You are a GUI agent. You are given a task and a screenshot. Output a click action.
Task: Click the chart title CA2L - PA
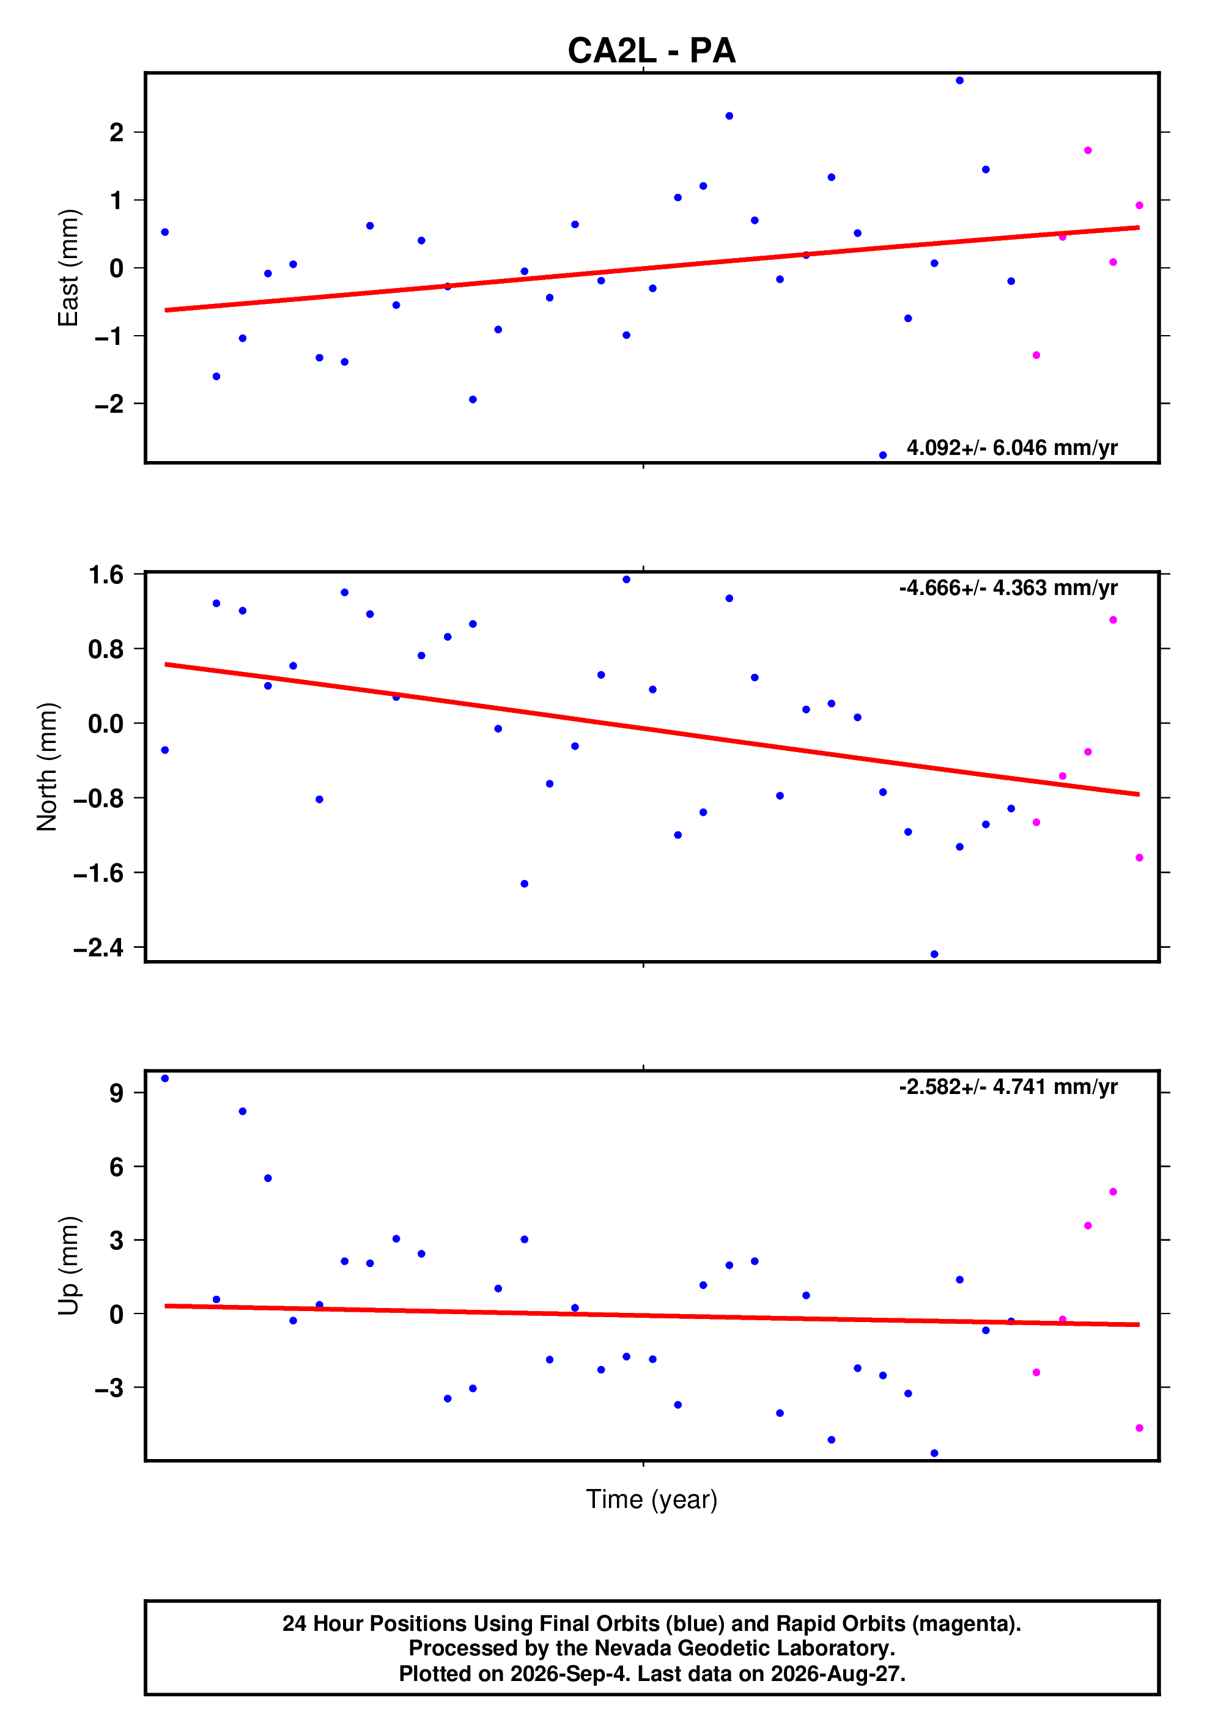pyautogui.click(x=651, y=51)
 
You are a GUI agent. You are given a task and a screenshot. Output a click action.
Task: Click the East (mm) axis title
pyautogui.click(x=68, y=268)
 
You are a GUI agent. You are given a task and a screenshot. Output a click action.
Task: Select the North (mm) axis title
pyautogui.click(x=47, y=767)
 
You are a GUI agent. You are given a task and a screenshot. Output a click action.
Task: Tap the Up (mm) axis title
pyautogui.click(x=68, y=1266)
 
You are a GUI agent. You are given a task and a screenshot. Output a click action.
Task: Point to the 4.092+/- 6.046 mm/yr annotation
pyautogui.click(x=1011, y=448)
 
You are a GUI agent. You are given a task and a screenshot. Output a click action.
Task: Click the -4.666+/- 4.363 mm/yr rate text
pyautogui.click(x=1008, y=588)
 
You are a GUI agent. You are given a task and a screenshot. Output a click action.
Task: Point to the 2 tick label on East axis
pyautogui.click(x=116, y=133)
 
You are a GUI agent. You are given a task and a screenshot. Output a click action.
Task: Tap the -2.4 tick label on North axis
pyautogui.click(x=98, y=947)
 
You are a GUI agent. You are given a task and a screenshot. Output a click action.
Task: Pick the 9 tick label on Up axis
pyautogui.click(x=116, y=1093)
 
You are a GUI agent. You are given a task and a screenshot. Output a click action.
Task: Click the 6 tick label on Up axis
pyautogui.click(x=116, y=1167)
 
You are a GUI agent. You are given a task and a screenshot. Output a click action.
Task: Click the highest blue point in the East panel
pyautogui.click(x=959, y=81)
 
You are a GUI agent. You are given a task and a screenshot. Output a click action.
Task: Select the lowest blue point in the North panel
pyautogui.click(x=934, y=955)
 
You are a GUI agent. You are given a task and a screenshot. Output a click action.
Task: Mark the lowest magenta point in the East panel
pyautogui.click(x=1036, y=355)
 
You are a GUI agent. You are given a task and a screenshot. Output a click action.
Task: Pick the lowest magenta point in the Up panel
pyautogui.click(x=1139, y=1428)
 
